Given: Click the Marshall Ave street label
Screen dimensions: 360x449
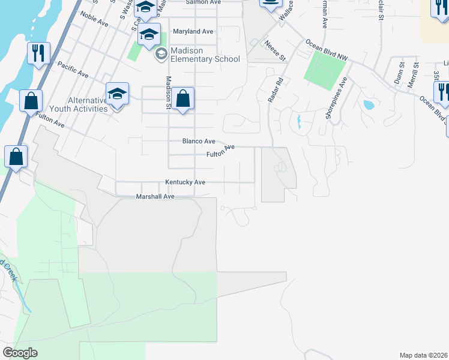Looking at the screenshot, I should pos(155,196).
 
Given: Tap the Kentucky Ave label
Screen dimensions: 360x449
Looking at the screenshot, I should pos(185,182).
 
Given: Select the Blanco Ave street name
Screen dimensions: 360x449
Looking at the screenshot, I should pos(199,142).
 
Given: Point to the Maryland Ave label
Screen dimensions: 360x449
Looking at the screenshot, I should pos(193,31).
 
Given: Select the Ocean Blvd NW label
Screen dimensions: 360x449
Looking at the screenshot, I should pos(327,50).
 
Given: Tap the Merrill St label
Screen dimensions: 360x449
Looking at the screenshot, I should pos(412,79).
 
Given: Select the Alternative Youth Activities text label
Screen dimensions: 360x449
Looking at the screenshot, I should pos(88,104).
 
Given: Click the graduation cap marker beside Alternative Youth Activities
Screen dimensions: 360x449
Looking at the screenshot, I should pos(117,94).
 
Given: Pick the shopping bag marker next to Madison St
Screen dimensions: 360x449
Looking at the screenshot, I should pos(182,98).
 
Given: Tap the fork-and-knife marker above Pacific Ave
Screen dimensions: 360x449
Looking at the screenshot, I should pos(38,53).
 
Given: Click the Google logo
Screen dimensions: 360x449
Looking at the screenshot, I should pos(20,353).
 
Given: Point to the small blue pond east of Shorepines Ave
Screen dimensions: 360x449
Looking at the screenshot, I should pos(369,105).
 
